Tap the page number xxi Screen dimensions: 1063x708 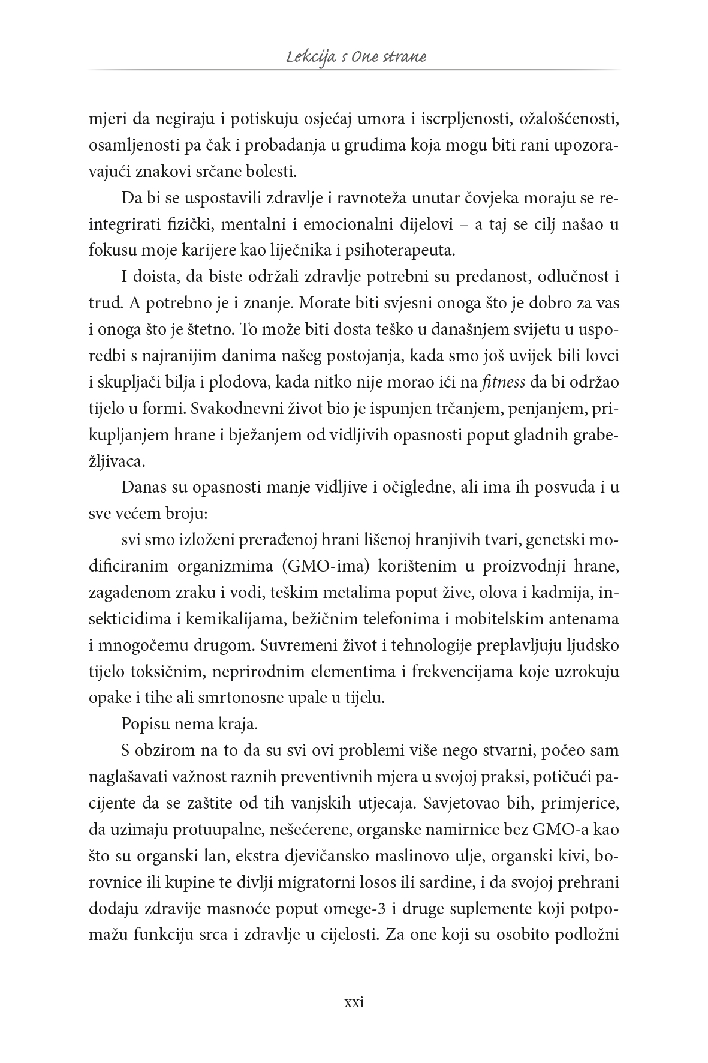coord(354,1002)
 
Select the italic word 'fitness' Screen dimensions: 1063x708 coord(499,382)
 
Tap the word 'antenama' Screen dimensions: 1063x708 coord(581,619)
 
